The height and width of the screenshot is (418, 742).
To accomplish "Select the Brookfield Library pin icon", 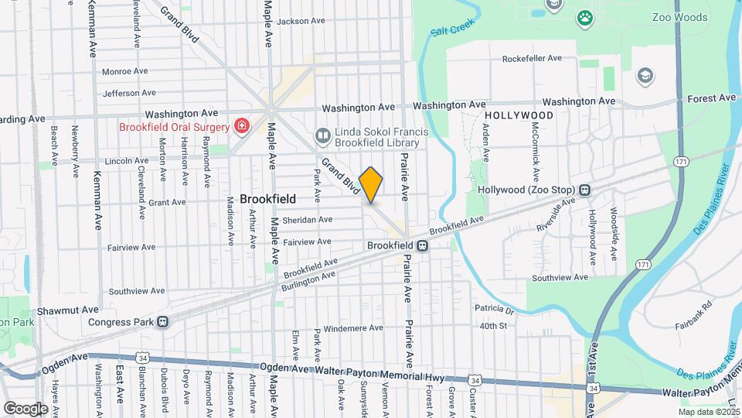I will [322, 135].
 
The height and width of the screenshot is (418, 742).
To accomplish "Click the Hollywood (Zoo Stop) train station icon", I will [585, 190].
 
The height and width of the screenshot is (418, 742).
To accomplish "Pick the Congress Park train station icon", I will [163, 322].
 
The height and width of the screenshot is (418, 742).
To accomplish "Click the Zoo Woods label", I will [657, 17].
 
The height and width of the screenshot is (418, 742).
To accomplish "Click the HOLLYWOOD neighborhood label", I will [519, 115].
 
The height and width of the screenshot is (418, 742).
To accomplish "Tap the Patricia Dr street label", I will [495, 310].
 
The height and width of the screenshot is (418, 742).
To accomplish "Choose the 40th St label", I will [492, 326].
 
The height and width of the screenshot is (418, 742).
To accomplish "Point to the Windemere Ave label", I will [352, 328].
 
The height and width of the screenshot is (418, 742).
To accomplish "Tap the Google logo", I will [26, 408].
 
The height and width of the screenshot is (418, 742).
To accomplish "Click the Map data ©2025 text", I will [706, 413].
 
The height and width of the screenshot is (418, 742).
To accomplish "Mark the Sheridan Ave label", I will [308, 220].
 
